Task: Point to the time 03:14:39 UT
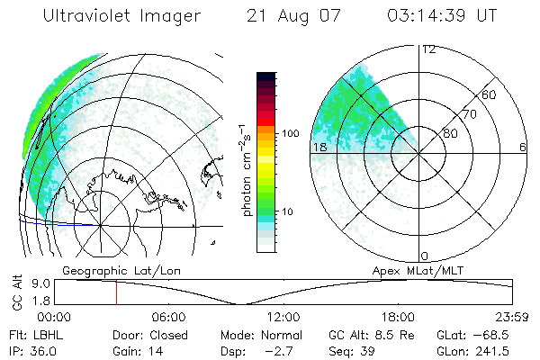click(x=441, y=16)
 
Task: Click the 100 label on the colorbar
click(x=290, y=133)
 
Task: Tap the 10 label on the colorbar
click(x=288, y=211)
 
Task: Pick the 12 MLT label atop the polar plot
click(x=429, y=49)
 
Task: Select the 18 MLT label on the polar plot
click(x=319, y=147)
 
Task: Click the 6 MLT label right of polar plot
click(x=523, y=147)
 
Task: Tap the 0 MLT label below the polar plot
click(x=425, y=256)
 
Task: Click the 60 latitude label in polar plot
click(x=490, y=94)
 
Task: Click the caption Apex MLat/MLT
click(x=424, y=269)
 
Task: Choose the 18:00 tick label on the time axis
click(x=398, y=317)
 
